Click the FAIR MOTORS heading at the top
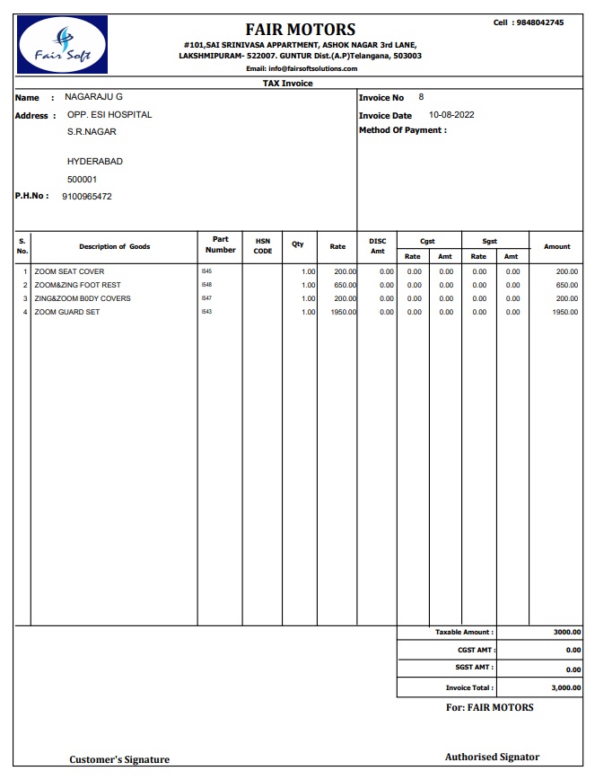click(301, 29)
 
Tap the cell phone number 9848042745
click(540, 22)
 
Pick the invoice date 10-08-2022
click(451, 115)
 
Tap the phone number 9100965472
click(87, 196)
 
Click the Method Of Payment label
click(402, 130)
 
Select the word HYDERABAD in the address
click(95, 162)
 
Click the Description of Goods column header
click(114, 246)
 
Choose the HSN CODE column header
click(263, 245)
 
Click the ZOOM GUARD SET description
click(67, 312)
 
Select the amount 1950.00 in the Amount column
click(565, 312)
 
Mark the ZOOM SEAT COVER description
click(69, 271)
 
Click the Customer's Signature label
click(119, 759)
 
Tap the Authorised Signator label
click(492, 757)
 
